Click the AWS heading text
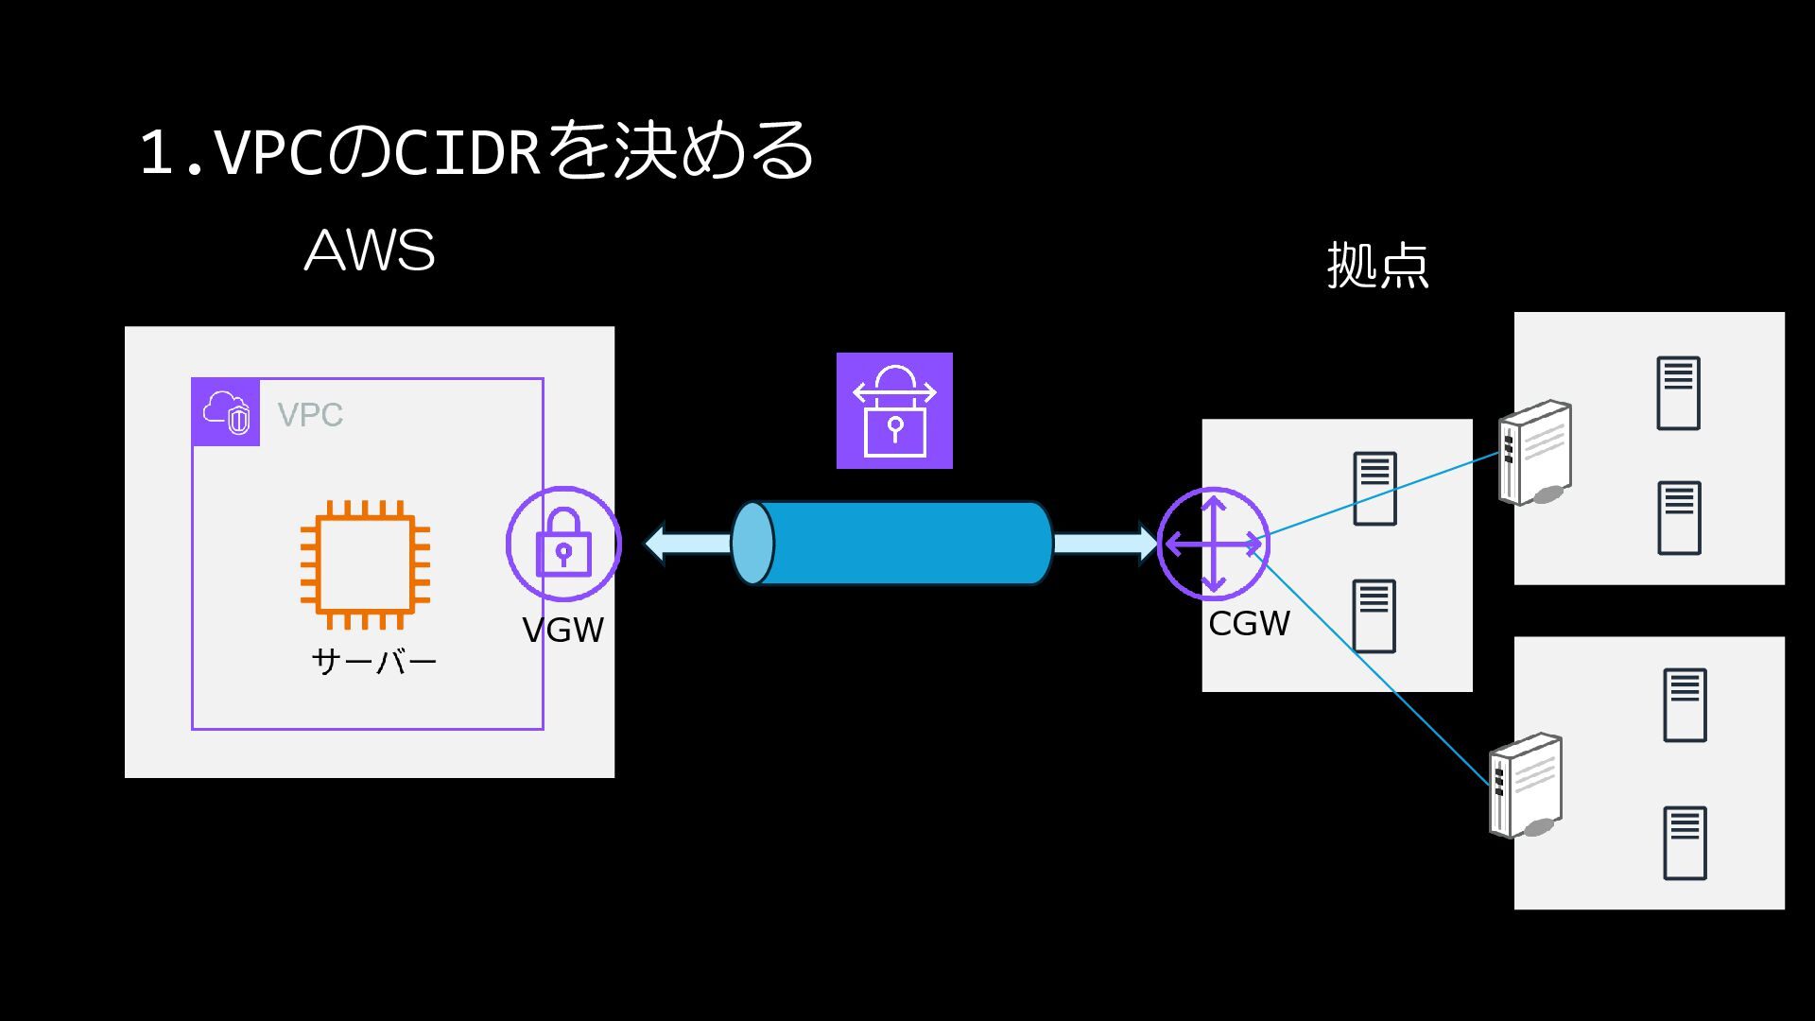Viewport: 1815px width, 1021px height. [x=370, y=251]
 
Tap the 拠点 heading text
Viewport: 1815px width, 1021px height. [x=1377, y=265]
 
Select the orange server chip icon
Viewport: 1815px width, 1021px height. [x=365, y=564]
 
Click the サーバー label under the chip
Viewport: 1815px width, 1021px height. [x=374, y=661]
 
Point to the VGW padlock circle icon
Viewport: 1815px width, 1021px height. [x=563, y=544]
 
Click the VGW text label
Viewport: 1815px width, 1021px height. [x=563, y=630]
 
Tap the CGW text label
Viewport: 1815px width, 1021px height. [x=1249, y=624]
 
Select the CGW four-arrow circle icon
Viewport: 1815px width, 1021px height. [x=1214, y=544]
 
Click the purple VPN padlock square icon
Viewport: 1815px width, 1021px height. [x=894, y=410]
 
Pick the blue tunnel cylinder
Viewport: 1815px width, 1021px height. [x=892, y=544]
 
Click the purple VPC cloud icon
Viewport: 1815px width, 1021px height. [x=226, y=412]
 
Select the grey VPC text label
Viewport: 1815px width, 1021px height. [x=310, y=414]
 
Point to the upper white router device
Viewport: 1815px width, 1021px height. [x=1535, y=453]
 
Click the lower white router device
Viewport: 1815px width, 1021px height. [x=1526, y=786]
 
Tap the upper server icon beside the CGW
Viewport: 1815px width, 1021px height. [x=1374, y=489]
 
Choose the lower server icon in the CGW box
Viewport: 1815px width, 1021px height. [x=1374, y=616]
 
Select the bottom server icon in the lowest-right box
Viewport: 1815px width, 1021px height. [x=1685, y=843]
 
